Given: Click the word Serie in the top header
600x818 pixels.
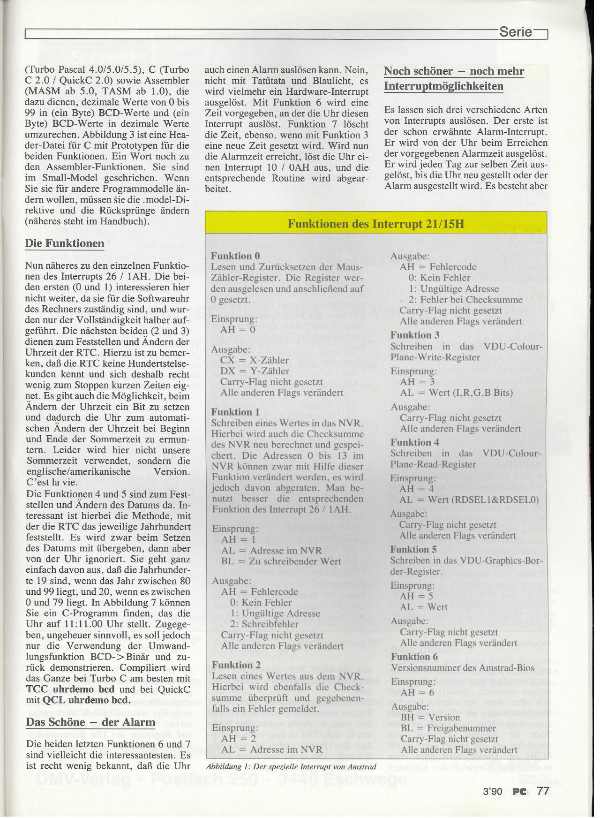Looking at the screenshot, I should point(516,32).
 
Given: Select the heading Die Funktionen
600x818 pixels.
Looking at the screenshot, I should point(65,243).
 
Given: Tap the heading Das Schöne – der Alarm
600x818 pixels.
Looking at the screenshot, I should point(90,722).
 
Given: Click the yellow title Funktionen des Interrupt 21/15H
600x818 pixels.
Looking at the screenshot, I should point(375,223).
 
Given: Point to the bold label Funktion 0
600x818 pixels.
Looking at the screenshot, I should point(235,256).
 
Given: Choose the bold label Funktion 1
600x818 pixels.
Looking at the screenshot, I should point(235,412).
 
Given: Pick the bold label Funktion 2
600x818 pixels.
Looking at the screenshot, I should point(236,665).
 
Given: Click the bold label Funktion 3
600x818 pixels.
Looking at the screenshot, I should point(415,335).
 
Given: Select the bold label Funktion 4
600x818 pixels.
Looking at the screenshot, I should point(415,442).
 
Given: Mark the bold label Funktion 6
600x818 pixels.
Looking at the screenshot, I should point(414,657).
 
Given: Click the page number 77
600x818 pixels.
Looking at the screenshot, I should point(543,791).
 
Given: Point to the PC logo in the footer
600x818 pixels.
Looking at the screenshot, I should point(519,791).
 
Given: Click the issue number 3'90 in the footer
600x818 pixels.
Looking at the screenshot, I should point(492,791).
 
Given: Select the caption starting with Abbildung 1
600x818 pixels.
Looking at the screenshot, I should point(291,767).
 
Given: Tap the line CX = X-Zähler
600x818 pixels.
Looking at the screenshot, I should point(255,360).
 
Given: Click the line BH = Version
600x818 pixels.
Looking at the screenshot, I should point(430,717).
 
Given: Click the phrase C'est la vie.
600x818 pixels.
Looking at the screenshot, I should point(52,482).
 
